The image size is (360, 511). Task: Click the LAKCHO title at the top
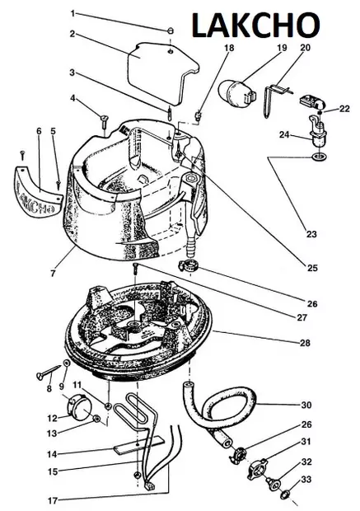pos(255,25)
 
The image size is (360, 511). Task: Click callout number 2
pos(72,34)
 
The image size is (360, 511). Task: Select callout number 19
pos(282,48)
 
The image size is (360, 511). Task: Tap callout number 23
pos(311,234)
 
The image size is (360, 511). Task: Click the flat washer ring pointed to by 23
pos(315,157)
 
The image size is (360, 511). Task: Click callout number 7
pos(53,273)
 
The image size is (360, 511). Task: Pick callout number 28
pos(305,343)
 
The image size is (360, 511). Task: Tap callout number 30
pos(306,405)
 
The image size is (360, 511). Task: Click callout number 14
pos(53,453)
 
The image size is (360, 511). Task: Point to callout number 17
pos(53,500)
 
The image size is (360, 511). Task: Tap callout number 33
pos(306,479)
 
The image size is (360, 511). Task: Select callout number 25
pos(312,268)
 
